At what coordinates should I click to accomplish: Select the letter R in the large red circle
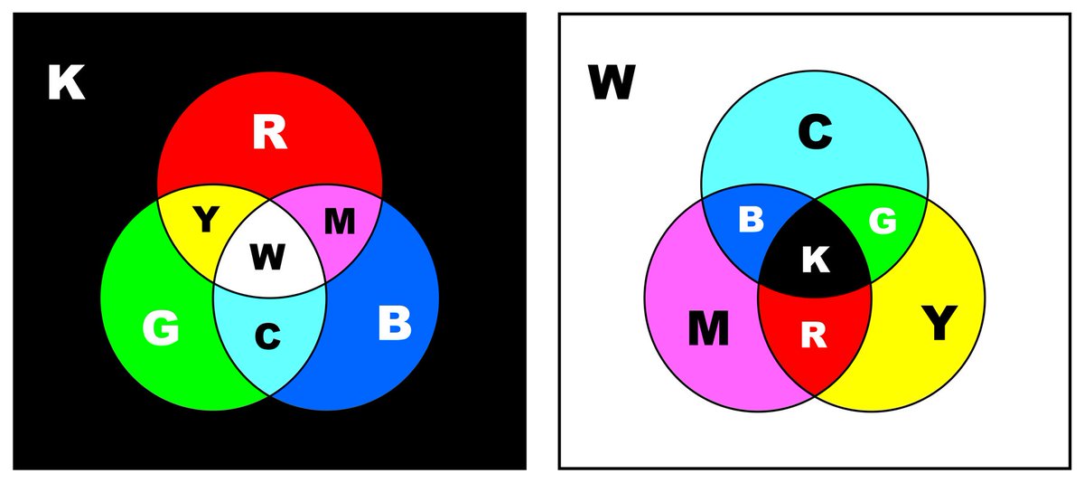pos(269,133)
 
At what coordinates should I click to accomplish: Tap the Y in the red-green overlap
pos(207,220)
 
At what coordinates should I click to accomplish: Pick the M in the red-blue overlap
pos(339,222)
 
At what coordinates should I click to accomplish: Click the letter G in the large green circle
pos(161,328)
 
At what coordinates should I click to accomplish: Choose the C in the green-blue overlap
pos(266,336)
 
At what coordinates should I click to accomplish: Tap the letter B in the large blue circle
pos(394,324)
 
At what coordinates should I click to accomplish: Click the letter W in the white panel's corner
pos(612,84)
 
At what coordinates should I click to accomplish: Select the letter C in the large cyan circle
pos(815,134)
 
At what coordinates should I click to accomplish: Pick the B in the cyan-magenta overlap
pos(752,220)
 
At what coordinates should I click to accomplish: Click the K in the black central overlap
pos(815,260)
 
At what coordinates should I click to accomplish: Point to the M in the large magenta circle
pos(708,329)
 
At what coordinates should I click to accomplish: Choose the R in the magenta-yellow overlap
pos(814,336)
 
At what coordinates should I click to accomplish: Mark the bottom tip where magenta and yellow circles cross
pos(815,395)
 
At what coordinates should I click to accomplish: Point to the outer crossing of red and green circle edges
pos(159,195)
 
